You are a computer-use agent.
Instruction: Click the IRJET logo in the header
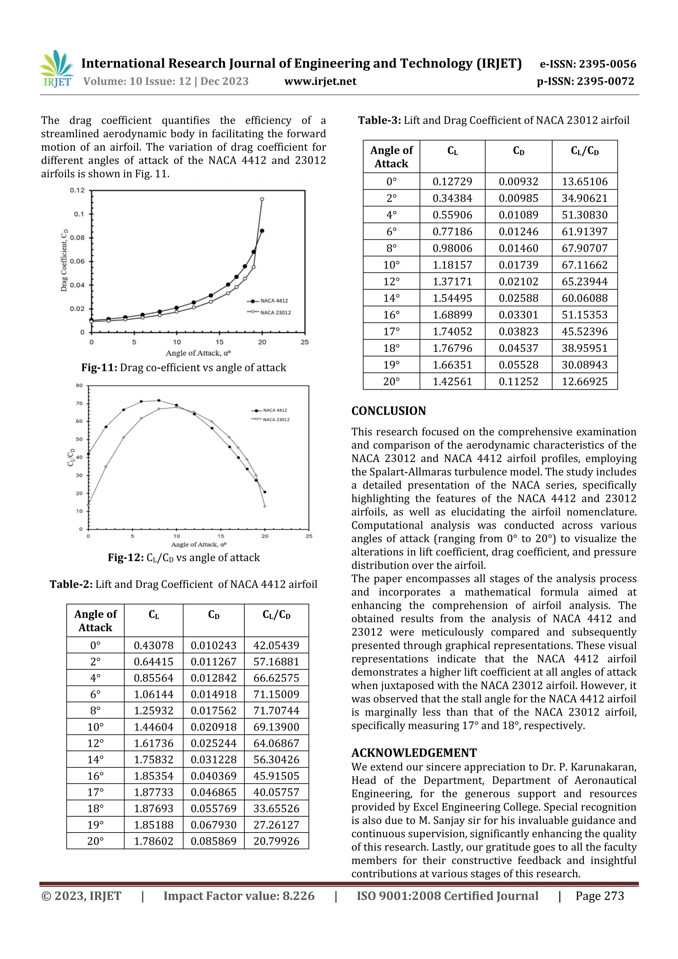click(x=56, y=69)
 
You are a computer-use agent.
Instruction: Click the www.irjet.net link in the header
click(x=320, y=81)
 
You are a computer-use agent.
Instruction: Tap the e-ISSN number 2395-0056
click(x=607, y=64)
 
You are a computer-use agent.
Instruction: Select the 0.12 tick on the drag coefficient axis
click(x=77, y=190)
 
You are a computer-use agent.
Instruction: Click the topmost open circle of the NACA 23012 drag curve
click(x=262, y=199)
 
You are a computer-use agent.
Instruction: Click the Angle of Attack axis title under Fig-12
click(x=198, y=544)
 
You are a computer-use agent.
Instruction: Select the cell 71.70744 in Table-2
click(x=276, y=710)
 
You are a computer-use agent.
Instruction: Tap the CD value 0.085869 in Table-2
click(x=214, y=841)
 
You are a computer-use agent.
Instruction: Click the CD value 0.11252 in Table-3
click(x=518, y=381)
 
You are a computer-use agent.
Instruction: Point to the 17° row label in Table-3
click(x=391, y=331)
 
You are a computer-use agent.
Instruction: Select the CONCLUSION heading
click(x=389, y=411)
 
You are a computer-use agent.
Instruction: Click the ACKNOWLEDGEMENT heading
click(x=414, y=753)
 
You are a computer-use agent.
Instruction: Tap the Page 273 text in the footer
click(x=600, y=895)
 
